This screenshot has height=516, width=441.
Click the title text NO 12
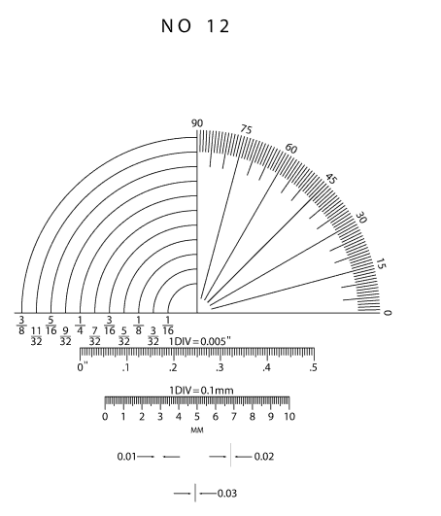click(x=195, y=26)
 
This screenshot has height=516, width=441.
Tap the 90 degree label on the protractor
click(x=197, y=123)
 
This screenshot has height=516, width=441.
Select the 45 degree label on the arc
click(x=331, y=179)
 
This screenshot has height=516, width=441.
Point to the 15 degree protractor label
click(x=381, y=264)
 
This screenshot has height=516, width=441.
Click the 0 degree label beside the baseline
click(x=388, y=313)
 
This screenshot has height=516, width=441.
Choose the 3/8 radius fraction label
click(x=21, y=326)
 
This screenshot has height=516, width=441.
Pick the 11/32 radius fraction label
click(x=36, y=336)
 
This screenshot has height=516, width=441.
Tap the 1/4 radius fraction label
click(x=80, y=326)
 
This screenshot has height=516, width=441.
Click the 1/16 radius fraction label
click(x=168, y=326)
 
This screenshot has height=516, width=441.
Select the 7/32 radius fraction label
click(x=95, y=336)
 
